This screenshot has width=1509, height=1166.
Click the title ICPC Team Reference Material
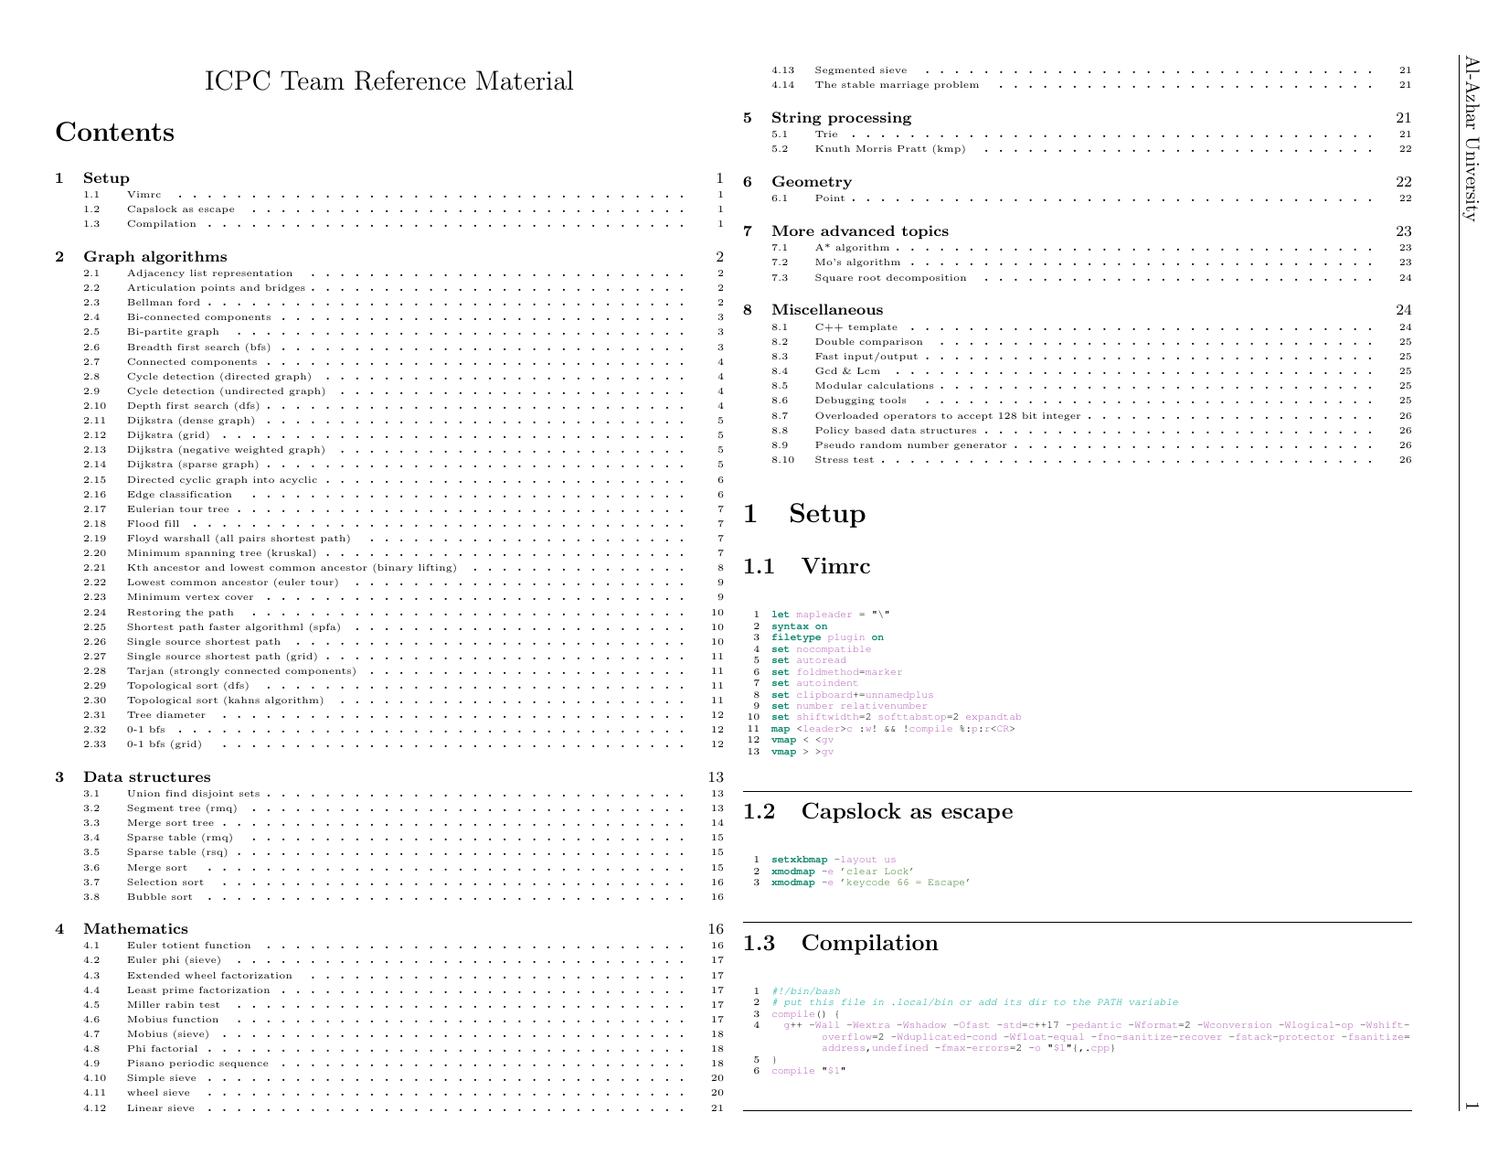pyautogui.click(x=388, y=81)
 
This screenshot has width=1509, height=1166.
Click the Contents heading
pyautogui.click(x=114, y=133)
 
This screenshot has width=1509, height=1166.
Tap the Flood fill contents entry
pyautogui.click(x=153, y=524)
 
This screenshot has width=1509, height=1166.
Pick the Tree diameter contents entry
pyautogui.click(x=165, y=715)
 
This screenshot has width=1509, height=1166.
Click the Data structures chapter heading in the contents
pyautogui.click(x=146, y=777)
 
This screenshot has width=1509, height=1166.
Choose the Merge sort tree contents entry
pyautogui.click(x=170, y=823)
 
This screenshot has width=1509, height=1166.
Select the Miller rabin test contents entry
pyautogui.click(x=173, y=1004)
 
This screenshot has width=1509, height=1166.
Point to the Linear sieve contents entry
pyautogui.click(x=160, y=1108)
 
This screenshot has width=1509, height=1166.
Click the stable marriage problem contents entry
pyautogui.click(x=896, y=85)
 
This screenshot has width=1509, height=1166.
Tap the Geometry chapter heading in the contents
pyautogui.click(x=811, y=182)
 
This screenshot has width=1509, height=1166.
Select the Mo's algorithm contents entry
pyautogui.click(x=856, y=262)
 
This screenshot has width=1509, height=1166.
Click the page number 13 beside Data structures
pyautogui.click(x=716, y=777)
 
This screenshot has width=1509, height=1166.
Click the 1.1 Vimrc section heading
pyautogui.click(x=807, y=566)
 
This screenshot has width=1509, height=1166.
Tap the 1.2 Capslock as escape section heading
pyautogui.click(x=877, y=811)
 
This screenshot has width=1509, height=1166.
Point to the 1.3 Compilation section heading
pyautogui.click(x=840, y=943)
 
